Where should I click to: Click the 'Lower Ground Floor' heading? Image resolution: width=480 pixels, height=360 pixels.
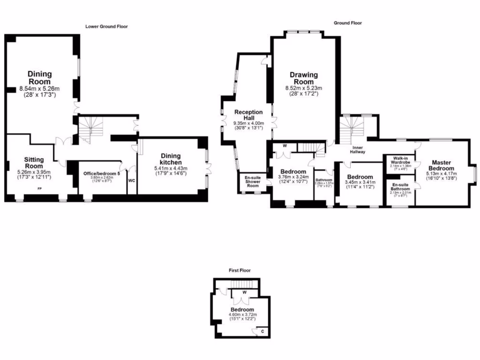click(x=106, y=27)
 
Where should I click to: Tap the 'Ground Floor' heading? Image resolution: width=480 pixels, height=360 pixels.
click(x=347, y=23)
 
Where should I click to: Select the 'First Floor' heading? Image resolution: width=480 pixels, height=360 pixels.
click(x=240, y=270)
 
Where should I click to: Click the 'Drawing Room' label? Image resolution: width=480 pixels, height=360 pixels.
click(x=303, y=78)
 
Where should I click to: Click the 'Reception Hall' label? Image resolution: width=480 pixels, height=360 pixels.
click(x=248, y=115)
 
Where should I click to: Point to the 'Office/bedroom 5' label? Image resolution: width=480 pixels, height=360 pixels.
click(x=102, y=174)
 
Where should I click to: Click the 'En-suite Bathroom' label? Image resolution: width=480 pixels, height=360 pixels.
click(x=400, y=187)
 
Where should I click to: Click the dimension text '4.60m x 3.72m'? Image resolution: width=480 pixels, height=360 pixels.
click(x=242, y=315)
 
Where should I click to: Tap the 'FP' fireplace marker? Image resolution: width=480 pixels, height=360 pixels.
click(x=39, y=188)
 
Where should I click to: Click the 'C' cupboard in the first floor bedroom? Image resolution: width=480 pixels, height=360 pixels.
click(x=262, y=331)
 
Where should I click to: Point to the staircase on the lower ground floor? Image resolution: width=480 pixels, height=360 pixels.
click(x=90, y=128)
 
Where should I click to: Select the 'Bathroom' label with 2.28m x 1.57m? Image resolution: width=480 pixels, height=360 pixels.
click(x=323, y=180)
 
